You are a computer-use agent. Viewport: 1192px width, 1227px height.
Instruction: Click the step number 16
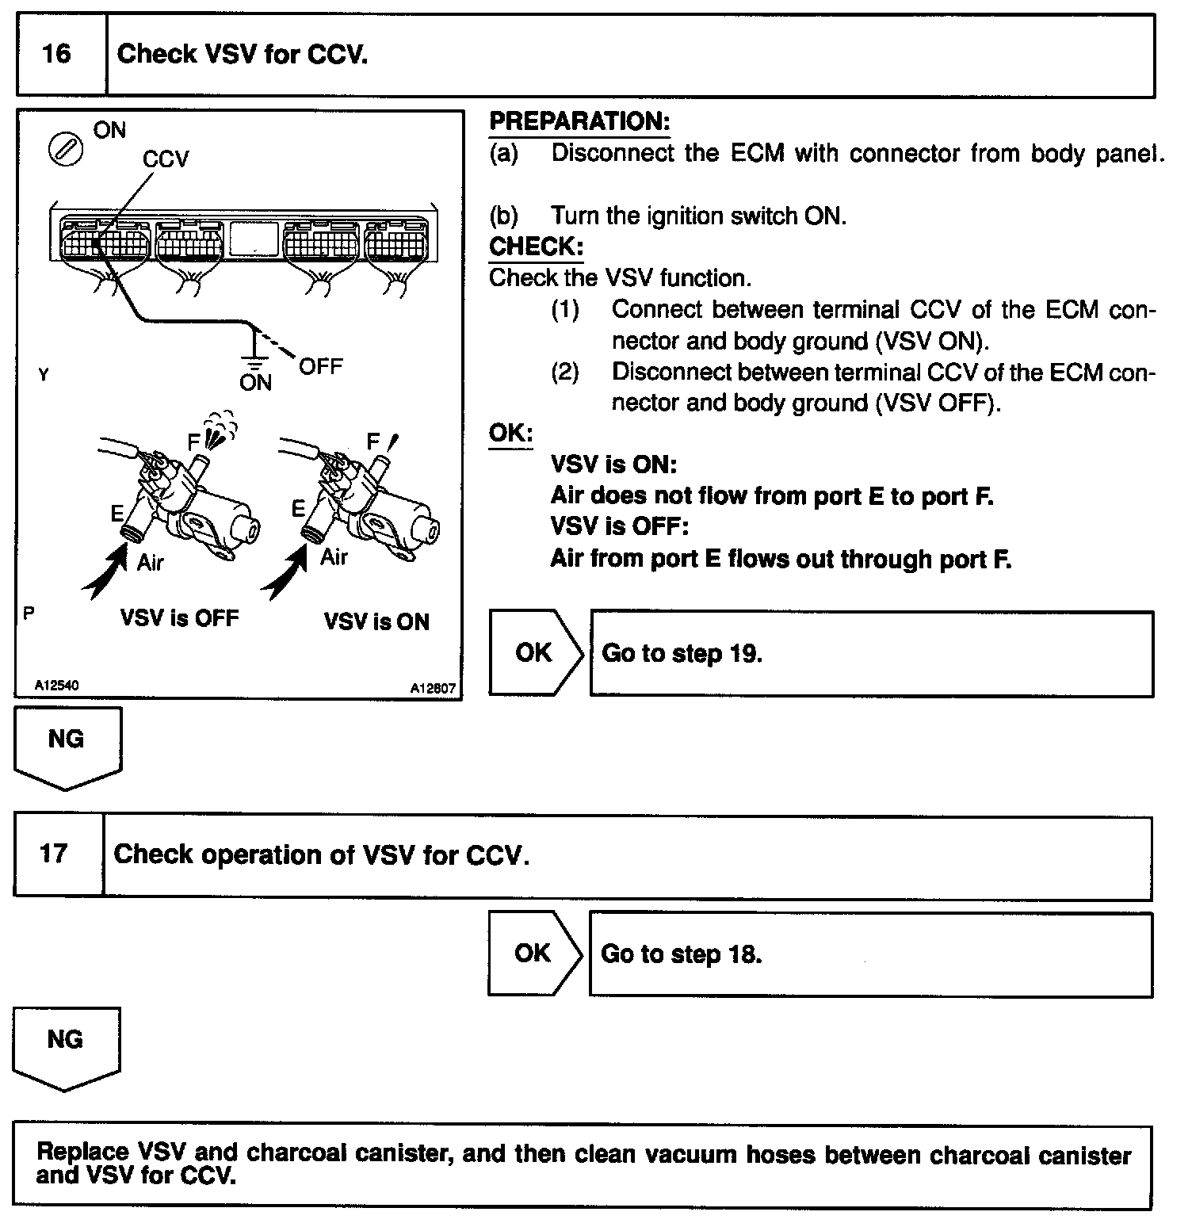point(56,54)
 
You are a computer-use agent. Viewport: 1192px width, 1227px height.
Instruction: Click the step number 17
point(54,854)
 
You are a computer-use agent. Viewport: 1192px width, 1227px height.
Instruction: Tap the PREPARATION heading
point(579,121)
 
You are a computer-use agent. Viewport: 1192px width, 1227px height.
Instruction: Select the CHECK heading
point(536,247)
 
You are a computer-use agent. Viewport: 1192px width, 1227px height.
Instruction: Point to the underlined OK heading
point(510,433)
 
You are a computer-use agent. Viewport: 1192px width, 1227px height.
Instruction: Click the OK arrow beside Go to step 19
point(536,652)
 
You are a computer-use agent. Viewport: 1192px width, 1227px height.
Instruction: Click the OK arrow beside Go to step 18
point(534,953)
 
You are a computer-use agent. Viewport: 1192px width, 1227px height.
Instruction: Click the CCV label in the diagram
point(166,159)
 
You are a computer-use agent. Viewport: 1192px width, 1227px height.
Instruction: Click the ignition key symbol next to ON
point(65,150)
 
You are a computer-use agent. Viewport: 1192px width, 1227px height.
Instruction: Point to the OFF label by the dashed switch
point(320,366)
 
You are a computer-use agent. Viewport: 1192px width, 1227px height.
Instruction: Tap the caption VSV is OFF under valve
point(179,618)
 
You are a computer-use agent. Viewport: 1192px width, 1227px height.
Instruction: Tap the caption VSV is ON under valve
point(376,621)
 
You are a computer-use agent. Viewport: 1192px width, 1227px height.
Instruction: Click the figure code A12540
point(55,685)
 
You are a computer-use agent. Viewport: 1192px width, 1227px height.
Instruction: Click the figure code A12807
point(433,689)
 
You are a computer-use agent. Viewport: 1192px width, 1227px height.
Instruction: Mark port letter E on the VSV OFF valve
point(117,514)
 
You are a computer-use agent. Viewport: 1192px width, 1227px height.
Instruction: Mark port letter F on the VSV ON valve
point(373,441)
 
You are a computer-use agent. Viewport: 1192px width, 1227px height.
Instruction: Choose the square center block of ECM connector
point(254,239)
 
